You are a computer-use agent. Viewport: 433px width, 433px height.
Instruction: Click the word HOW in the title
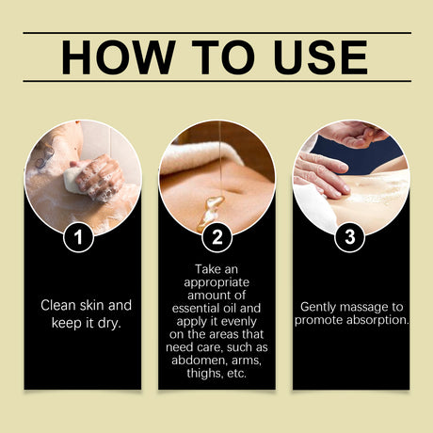(x=119, y=57)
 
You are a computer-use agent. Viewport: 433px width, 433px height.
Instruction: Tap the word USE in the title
(x=321, y=57)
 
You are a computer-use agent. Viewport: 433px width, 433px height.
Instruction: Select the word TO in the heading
(x=224, y=57)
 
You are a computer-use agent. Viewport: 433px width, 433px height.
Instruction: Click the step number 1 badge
(x=78, y=237)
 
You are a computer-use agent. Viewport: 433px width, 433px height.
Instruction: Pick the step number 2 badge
(x=216, y=237)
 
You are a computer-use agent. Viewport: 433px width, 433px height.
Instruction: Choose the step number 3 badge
(x=350, y=237)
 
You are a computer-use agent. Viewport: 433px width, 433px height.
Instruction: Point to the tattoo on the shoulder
(x=45, y=156)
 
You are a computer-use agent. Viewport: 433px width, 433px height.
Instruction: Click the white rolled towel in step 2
(x=200, y=157)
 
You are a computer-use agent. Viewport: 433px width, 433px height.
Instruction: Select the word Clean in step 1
(x=58, y=305)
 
